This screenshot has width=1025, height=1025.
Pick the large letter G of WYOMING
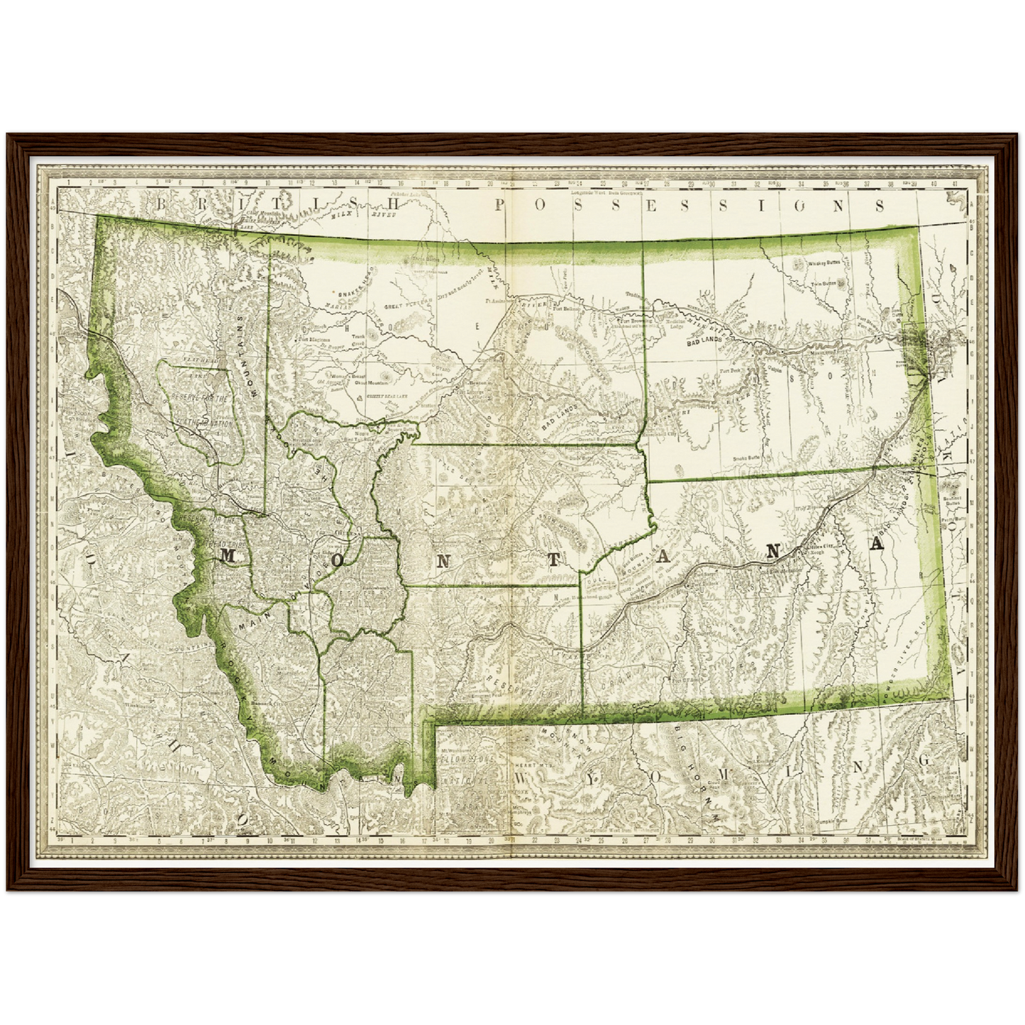click(923, 760)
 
